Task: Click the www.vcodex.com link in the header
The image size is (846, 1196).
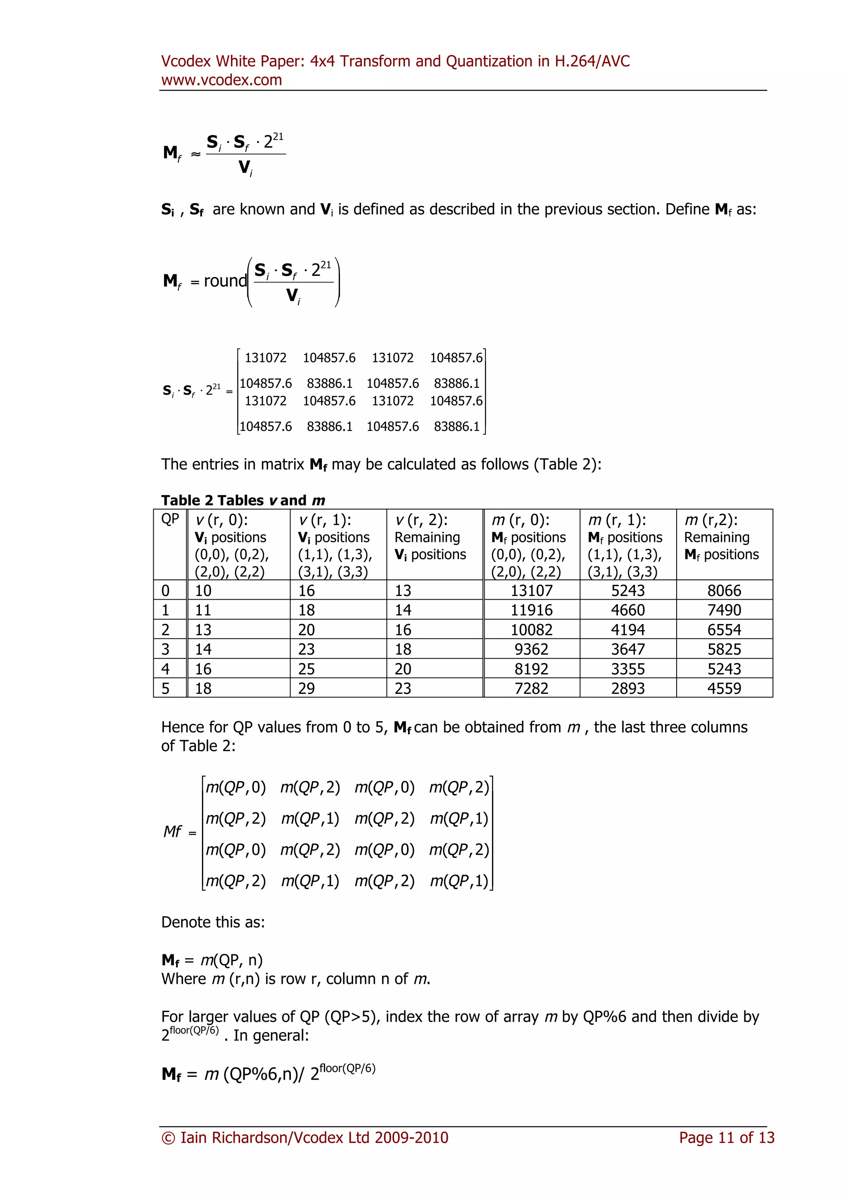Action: (x=221, y=80)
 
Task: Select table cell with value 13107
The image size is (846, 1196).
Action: (x=531, y=590)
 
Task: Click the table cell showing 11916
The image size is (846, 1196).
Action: (x=531, y=610)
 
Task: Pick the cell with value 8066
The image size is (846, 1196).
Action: (x=724, y=590)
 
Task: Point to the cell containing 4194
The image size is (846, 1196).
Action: (x=628, y=630)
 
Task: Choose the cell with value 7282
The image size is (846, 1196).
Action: (x=531, y=688)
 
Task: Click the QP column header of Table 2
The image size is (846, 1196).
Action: (x=170, y=520)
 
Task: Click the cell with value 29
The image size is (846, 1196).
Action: (x=307, y=688)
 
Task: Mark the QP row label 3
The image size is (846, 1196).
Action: (x=165, y=649)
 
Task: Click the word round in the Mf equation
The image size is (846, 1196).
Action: (x=225, y=281)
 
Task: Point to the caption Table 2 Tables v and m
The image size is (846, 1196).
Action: (x=243, y=500)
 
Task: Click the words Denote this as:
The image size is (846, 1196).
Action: (x=213, y=922)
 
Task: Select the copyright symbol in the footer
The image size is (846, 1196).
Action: (x=168, y=1138)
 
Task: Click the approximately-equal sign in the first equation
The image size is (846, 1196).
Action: (x=195, y=154)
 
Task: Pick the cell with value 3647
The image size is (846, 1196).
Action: (x=628, y=649)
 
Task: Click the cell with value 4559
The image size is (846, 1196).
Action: (x=724, y=688)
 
